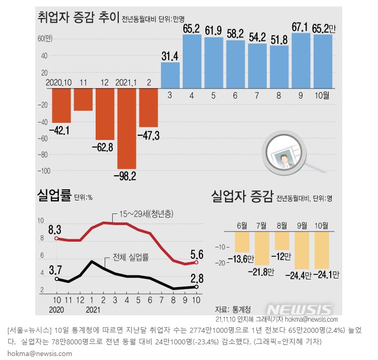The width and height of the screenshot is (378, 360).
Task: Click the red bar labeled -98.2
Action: click(126, 128)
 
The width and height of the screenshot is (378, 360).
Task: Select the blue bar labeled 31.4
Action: click(170, 76)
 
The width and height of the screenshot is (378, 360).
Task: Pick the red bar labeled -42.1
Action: click(61, 106)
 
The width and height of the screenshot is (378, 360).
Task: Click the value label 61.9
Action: click(213, 31)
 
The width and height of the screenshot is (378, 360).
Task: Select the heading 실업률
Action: click(54, 195)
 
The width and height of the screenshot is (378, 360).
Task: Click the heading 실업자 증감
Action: click(242, 195)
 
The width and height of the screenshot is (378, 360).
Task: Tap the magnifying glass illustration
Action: click(287, 156)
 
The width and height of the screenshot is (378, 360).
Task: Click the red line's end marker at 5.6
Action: click(196, 262)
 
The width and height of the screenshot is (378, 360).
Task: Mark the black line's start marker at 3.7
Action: click(56, 278)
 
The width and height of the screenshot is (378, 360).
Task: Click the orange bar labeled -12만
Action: click(282, 241)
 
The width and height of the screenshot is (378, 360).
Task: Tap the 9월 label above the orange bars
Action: click(303, 225)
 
